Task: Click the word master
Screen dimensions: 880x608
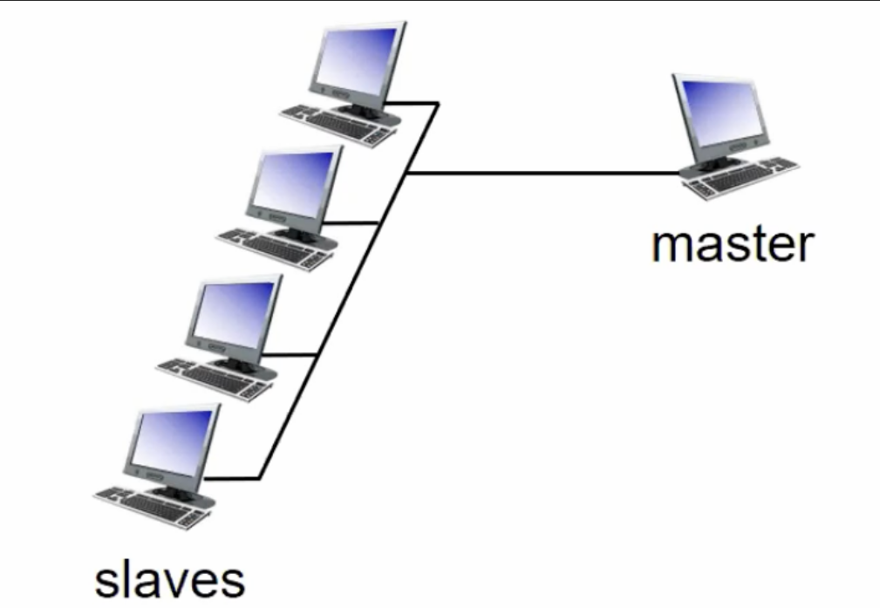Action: click(733, 244)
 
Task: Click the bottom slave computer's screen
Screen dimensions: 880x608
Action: click(172, 443)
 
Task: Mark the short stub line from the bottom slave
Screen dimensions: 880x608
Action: click(231, 479)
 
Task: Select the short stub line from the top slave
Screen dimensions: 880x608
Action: click(412, 103)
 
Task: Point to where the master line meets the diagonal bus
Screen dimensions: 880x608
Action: click(406, 174)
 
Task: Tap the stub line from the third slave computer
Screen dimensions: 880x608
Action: click(290, 354)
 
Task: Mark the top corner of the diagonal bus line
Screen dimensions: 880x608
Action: click(438, 103)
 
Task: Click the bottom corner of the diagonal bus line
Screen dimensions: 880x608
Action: click(259, 479)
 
